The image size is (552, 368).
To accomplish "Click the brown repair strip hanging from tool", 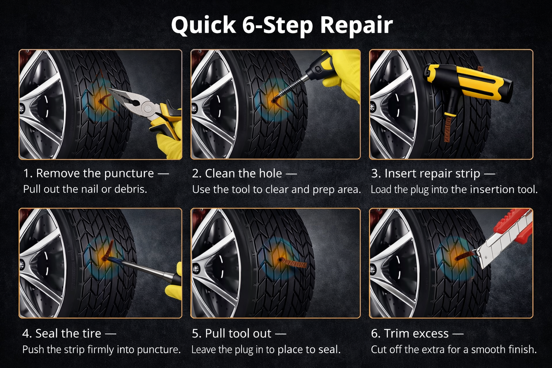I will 447,129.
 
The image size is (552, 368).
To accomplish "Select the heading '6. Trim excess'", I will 417,333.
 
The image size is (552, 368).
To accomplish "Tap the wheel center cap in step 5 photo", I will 196,268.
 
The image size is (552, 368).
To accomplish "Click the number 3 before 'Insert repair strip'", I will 376,174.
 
